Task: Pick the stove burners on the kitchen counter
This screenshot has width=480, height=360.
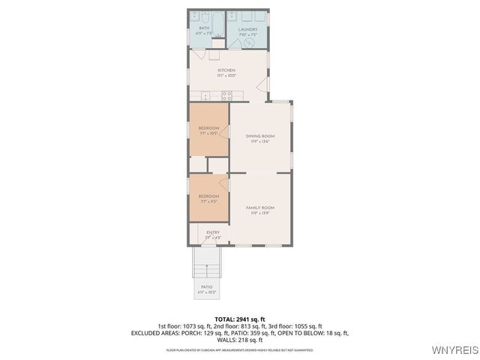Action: [x=228, y=94]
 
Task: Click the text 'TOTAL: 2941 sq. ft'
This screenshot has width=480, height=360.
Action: [x=240, y=319]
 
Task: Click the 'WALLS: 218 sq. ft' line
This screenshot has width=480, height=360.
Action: [x=240, y=340]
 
